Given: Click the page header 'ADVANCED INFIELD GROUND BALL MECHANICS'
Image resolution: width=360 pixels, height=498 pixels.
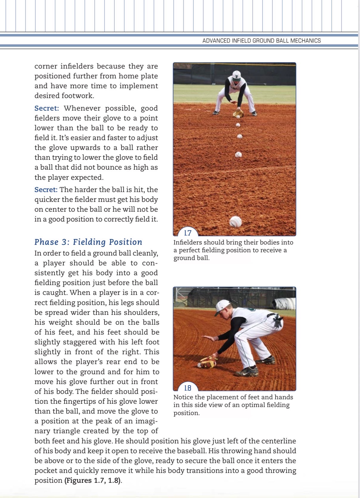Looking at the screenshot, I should [x=261, y=41].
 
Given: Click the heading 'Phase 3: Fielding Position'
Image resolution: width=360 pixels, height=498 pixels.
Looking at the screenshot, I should [x=88, y=242].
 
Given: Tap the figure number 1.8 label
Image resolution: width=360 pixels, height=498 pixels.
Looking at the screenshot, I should [x=188, y=388].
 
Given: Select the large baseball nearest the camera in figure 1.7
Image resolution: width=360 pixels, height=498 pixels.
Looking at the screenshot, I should [x=235, y=222].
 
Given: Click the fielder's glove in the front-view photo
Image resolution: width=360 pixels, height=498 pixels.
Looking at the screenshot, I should [x=238, y=113].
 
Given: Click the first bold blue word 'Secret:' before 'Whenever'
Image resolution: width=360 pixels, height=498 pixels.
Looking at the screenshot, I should [x=47, y=108].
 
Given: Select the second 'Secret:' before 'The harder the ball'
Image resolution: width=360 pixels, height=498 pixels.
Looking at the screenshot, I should [x=46, y=190].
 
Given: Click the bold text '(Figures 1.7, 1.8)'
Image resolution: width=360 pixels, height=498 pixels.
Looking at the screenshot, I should [x=93, y=480].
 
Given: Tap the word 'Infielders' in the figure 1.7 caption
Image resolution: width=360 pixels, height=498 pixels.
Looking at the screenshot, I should [x=188, y=242].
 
